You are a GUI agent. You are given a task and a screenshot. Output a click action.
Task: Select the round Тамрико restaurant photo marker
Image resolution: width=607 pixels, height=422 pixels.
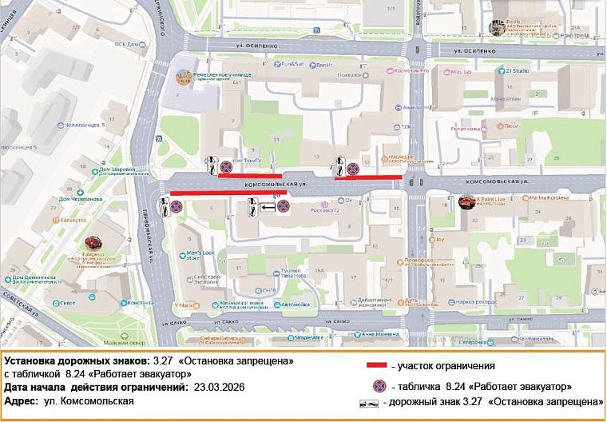click(93, 242)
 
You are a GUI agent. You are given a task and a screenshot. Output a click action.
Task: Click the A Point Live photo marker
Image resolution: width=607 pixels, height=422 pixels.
click(466, 201)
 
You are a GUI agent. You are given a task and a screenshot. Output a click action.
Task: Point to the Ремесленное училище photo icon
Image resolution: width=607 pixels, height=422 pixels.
click(183, 78)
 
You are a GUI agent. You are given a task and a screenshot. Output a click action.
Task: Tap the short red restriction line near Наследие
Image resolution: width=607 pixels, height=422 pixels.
click(368, 177)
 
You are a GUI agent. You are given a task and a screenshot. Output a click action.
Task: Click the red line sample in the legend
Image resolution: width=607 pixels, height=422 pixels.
click(376, 365)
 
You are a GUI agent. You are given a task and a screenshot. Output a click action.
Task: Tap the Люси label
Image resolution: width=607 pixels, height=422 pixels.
click(512, 125)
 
